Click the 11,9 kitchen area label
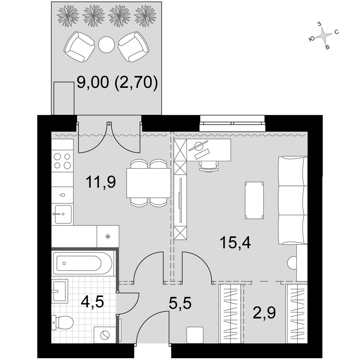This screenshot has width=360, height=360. pyautogui.click(x=100, y=182)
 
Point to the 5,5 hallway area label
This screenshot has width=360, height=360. pyautogui.click(x=180, y=303)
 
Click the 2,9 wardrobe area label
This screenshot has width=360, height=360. pyautogui.click(x=264, y=313)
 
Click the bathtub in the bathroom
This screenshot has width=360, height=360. pyautogui.click(x=83, y=264)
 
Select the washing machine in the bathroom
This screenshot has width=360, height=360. pyautogui.click(x=105, y=335)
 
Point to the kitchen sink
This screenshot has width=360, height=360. pyautogui.click(x=63, y=215)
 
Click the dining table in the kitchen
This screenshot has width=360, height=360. pyautogui.click(x=149, y=183)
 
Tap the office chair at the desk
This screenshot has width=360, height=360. pyautogui.click(x=208, y=166)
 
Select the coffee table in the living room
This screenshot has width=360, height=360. pyautogui.click(x=254, y=200)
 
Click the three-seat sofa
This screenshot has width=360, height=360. pyautogui.click(x=293, y=200)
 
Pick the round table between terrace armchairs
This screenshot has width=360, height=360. pyautogui.click(x=106, y=45)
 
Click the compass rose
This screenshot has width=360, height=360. pyautogui.click(x=324, y=36)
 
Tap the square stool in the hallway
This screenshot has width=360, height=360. pyautogui.click(x=195, y=335)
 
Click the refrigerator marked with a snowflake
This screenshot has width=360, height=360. pyautogui.click(x=108, y=236)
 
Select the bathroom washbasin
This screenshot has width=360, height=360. pyautogui.click(x=59, y=291)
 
